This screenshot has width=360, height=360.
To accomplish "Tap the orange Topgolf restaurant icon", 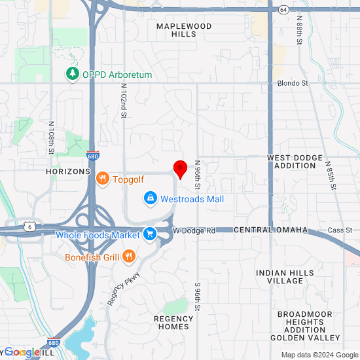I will [x=102, y=179].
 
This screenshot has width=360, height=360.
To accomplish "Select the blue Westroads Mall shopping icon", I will [x=150, y=198].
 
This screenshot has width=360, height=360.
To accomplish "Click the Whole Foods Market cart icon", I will [x=150, y=234].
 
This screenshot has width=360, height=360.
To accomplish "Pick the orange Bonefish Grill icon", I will [x=130, y=257].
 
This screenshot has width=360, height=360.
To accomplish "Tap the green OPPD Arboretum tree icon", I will [x=72, y=75].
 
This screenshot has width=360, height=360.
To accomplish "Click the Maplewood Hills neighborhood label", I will [x=184, y=30].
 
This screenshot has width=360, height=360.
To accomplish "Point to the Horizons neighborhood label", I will [x=68, y=171].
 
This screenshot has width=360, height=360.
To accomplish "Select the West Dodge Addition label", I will [x=295, y=162].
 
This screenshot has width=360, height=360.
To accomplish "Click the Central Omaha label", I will [x=261, y=230].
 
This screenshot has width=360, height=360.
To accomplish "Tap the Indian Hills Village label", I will [x=285, y=277].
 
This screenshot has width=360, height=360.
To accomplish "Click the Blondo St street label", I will [x=293, y=83].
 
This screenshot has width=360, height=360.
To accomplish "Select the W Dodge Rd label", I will [x=194, y=230].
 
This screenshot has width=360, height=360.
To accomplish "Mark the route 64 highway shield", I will [x=283, y=10].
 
